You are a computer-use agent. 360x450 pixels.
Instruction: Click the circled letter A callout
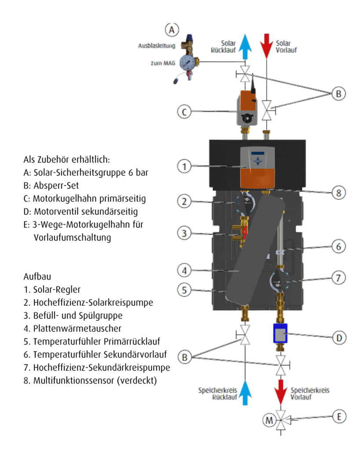tap(172, 30)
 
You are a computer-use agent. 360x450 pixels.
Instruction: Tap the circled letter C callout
tap(185, 112)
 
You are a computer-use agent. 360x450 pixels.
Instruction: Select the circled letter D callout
tap(338, 338)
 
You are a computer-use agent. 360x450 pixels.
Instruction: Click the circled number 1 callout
tap(185, 167)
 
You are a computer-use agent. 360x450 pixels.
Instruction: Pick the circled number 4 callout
tap(185, 269)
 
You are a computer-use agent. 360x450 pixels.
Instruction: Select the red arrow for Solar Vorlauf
tap(266, 46)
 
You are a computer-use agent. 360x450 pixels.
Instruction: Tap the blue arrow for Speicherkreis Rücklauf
tap(246, 393)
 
